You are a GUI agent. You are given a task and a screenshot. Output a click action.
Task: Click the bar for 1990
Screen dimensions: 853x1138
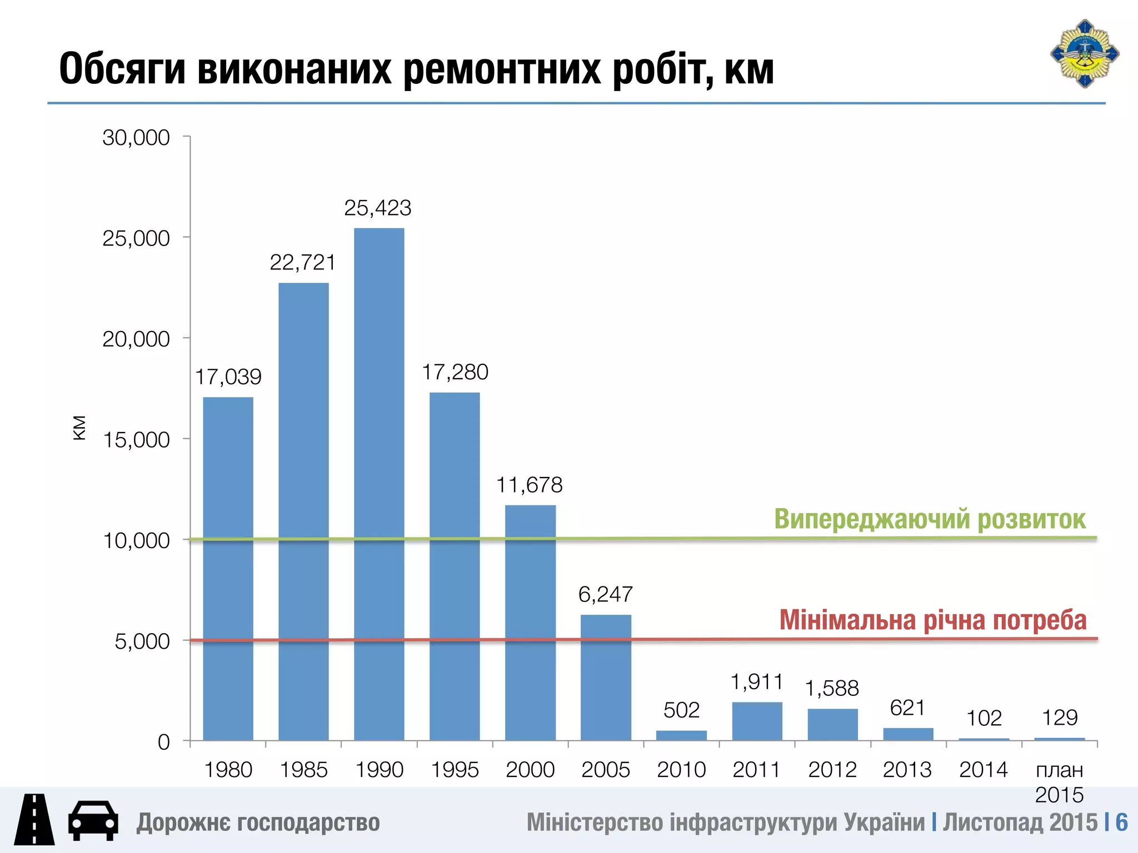[379, 483]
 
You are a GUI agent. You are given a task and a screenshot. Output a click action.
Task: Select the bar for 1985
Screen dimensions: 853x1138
[303, 511]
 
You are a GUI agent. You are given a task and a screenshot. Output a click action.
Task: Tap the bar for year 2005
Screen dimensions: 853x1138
[606, 678]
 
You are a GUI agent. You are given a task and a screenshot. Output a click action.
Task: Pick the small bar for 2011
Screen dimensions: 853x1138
[757, 721]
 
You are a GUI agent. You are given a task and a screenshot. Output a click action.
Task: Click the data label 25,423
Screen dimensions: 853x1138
[378, 208]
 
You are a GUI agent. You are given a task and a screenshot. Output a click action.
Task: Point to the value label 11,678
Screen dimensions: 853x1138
[529, 485]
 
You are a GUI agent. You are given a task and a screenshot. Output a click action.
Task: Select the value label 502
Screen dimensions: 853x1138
[681, 710]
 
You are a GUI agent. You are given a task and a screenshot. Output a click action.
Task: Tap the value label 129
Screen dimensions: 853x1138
[1060, 718]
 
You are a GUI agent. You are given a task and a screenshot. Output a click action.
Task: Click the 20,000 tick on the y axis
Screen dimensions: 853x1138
[136, 339]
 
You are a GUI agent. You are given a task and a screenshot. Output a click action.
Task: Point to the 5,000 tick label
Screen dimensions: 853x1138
[142, 641]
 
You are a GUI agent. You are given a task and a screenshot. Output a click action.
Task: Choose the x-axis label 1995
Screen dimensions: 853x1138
[455, 770]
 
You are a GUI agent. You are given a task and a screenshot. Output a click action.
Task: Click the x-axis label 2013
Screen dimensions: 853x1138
[907, 770]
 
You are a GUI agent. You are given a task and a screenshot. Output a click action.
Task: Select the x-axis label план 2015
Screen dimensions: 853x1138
[1059, 782]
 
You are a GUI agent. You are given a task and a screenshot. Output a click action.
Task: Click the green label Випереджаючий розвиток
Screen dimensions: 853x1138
[930, 519]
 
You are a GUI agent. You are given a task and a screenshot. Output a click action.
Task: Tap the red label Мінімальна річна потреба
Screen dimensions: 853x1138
[932, 620]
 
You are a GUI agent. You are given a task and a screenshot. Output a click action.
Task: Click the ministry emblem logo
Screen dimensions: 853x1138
[1084, 54]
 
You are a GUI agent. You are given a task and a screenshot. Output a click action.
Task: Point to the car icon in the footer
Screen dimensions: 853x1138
[93, 821]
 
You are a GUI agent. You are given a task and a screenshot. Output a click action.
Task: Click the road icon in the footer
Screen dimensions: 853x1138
[34, 820]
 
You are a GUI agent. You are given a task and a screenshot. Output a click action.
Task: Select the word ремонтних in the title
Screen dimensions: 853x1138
[502, 69]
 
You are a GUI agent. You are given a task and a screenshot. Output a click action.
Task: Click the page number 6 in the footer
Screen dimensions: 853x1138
[1121, 822]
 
